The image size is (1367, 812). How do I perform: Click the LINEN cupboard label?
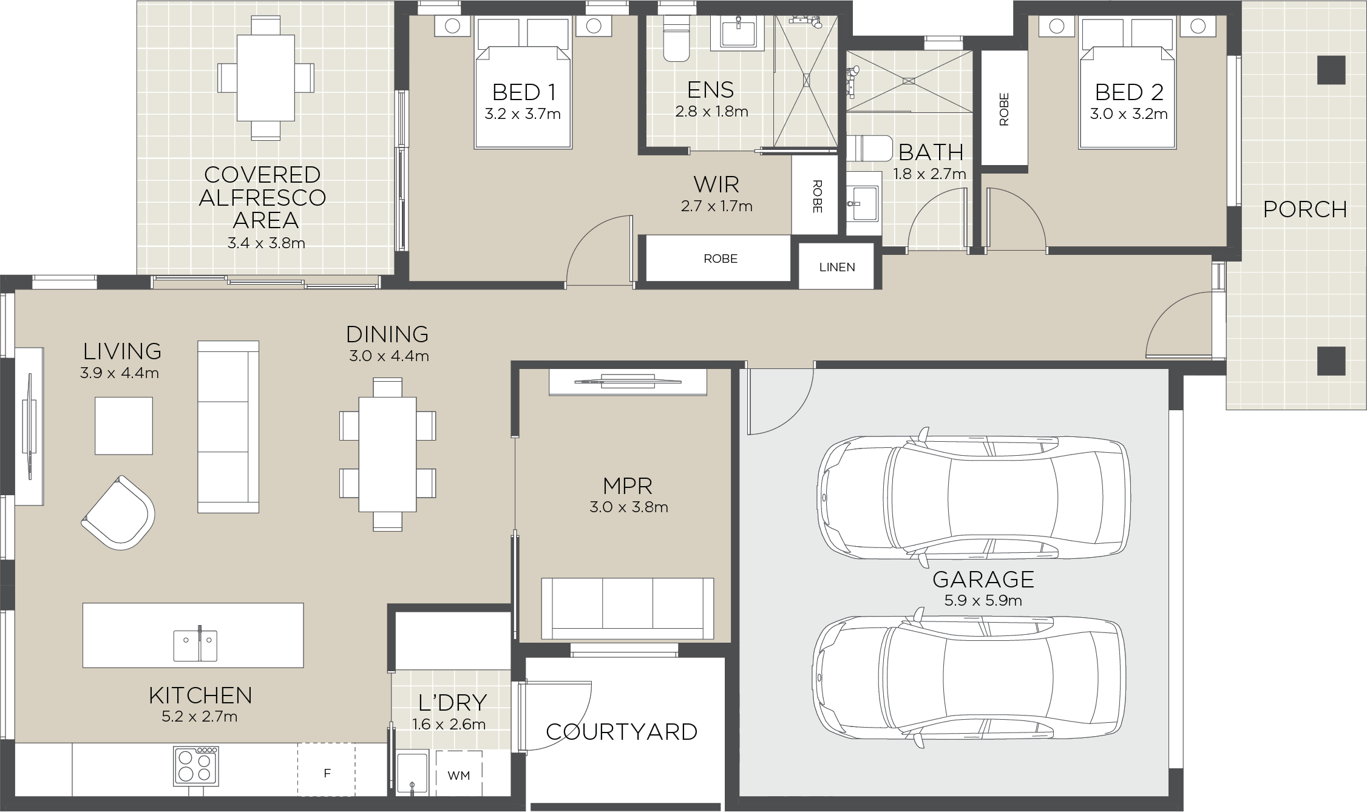[x=836, y=267]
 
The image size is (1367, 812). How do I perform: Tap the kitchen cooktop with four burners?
[x=196, y=766]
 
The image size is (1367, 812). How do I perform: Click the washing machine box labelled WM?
[x=458, y=775]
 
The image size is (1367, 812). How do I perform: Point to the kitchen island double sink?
[x=195, y=646]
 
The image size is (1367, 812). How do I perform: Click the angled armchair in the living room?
[x=118, y=513]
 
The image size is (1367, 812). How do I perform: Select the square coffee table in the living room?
[x=124, y=425]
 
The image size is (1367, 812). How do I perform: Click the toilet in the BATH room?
[x=868, y=148]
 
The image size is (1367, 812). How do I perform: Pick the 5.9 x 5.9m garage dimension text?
[x=983, y=601]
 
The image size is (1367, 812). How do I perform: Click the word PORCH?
[x=1304, y=209]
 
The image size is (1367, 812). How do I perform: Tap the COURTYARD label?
[x=622, y=732]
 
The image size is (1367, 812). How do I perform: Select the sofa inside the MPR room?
[x=627, y=607]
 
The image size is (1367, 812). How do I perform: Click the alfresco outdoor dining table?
[x=265, y=78]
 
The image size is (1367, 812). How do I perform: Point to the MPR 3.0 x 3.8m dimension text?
[x=628, y=507]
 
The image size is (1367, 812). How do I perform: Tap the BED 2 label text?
[x=1128, y=92]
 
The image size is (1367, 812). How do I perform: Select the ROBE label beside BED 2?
[x=1003, y=109]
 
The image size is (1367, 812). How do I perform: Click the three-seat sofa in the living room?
[x=228, y=427]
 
